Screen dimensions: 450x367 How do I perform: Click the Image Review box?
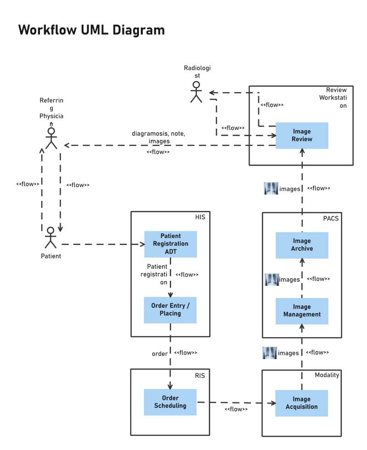pyautogui.click(x=302, y=135)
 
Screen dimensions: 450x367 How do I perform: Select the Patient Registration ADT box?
pyautogui.click(x=171, y=244)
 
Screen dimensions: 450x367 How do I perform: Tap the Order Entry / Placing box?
pyautogui.click(x=171, y=310)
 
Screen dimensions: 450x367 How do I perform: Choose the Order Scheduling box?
pyautogui.click(x=170, y=402)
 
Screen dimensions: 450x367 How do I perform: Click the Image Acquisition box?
pyautogui.click(x=301, y=403)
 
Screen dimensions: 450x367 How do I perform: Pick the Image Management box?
pyautogui.click(x=302, y=311)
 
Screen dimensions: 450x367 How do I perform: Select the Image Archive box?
pyautogui.click(x=302, y=244)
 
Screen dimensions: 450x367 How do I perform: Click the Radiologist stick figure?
pyautogui.click(x=196, y=92)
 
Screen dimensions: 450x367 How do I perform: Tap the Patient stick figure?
pyautogui.click(x=50, y=238)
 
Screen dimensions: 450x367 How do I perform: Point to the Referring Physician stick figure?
pyautogui.click(x=51, y=138)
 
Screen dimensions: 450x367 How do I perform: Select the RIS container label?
pyautogui.click(x=200, y=375)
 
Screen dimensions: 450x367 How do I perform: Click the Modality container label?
pyautogui.click(x=327, y=375)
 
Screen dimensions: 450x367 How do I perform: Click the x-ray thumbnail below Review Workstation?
pyautogui.click(x=271, y=188)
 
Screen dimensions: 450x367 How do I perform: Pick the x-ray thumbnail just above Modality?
pyautogui.click(x=270, y=353)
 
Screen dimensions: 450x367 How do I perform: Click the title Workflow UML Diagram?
pyautogui.click(x=91, y=30)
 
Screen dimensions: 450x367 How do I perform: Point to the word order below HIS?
pyautogui.click(x=160, y=354)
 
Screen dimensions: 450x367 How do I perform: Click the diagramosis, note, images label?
pyautogui.click(x=158, y=137)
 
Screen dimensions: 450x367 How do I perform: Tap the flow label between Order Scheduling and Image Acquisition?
pyautogui.click(x=236, y=409)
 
